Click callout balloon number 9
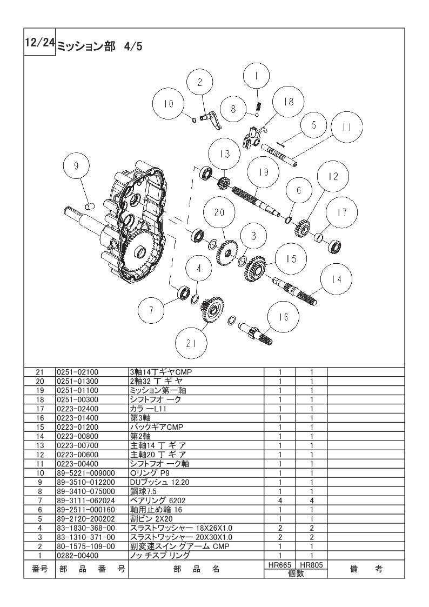(x=76, y=166)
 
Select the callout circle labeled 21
(x=191, y=343)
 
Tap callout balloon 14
(x=337, y=279)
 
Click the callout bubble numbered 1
(x=256, y=76)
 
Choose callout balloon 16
(x=284, y=317)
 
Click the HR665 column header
(x=280, y=565)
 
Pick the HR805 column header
(x=311, y=565)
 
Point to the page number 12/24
(x=40, y=42)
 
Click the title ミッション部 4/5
(x=100, y=46)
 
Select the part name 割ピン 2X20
(x=151, y=519)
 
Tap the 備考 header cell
(x=366, y=569)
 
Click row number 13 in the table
(x=40, y=445)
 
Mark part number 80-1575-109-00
(x=85, y=546)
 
